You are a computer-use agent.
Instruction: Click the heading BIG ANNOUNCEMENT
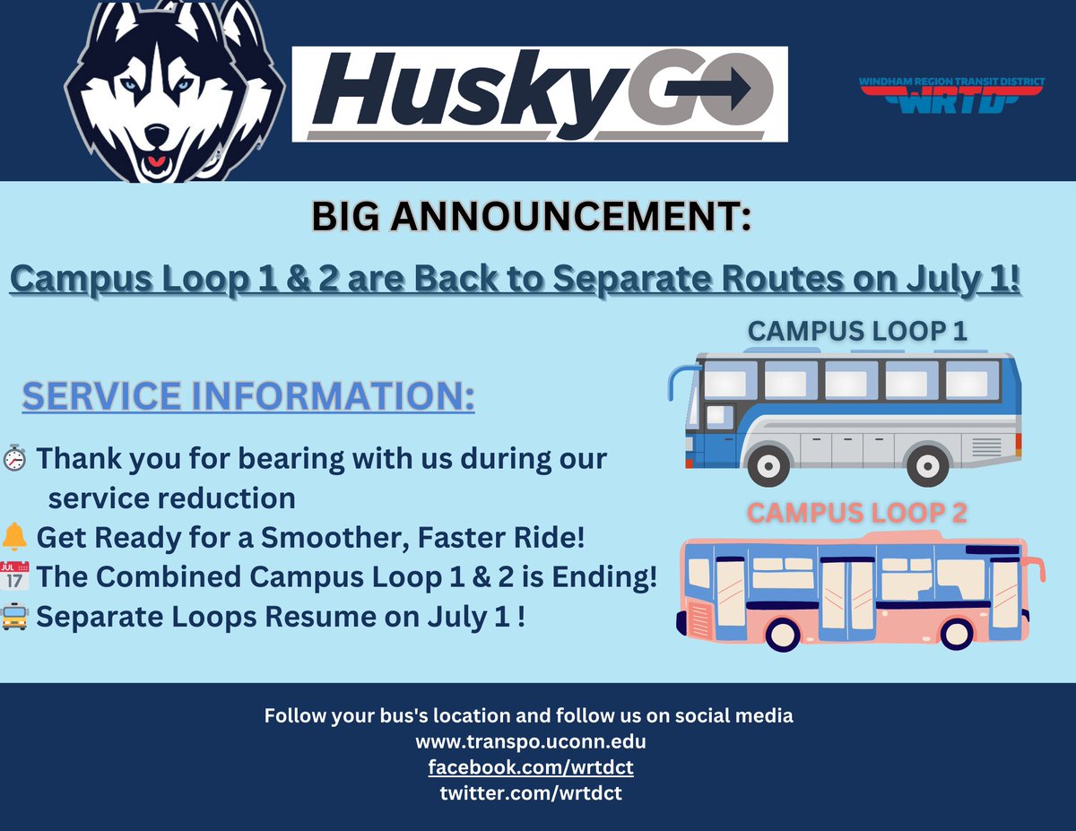pyautogui.click(x=531, y=219)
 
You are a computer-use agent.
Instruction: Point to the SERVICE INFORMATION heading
pyautogui.click(x=248, y=395)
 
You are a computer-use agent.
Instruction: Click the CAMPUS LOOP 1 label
pyautogui.click(x=857, y=331)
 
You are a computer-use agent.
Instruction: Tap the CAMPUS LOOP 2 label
pyautogui.click(x=857, y=514)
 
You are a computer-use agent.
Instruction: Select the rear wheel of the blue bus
pyautogui.click(x=927, y=464)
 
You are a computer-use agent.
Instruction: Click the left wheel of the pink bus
pyautogui.click(x=783, y=634)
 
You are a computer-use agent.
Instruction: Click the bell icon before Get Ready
pyautogui.click(x=15, y=538)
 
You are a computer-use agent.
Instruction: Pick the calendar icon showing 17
pyautogui.click(x=15, y=576)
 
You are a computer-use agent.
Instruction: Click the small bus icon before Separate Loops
pyautogui.click(x=15, y=617)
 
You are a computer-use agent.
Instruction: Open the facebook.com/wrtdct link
pyautogui.click(x=531, y=767)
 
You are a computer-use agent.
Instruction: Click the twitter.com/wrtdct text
pyautogui.click(x=531, y=792)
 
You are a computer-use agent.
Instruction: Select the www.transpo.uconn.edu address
pyautogui.click(x=531, y=742)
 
